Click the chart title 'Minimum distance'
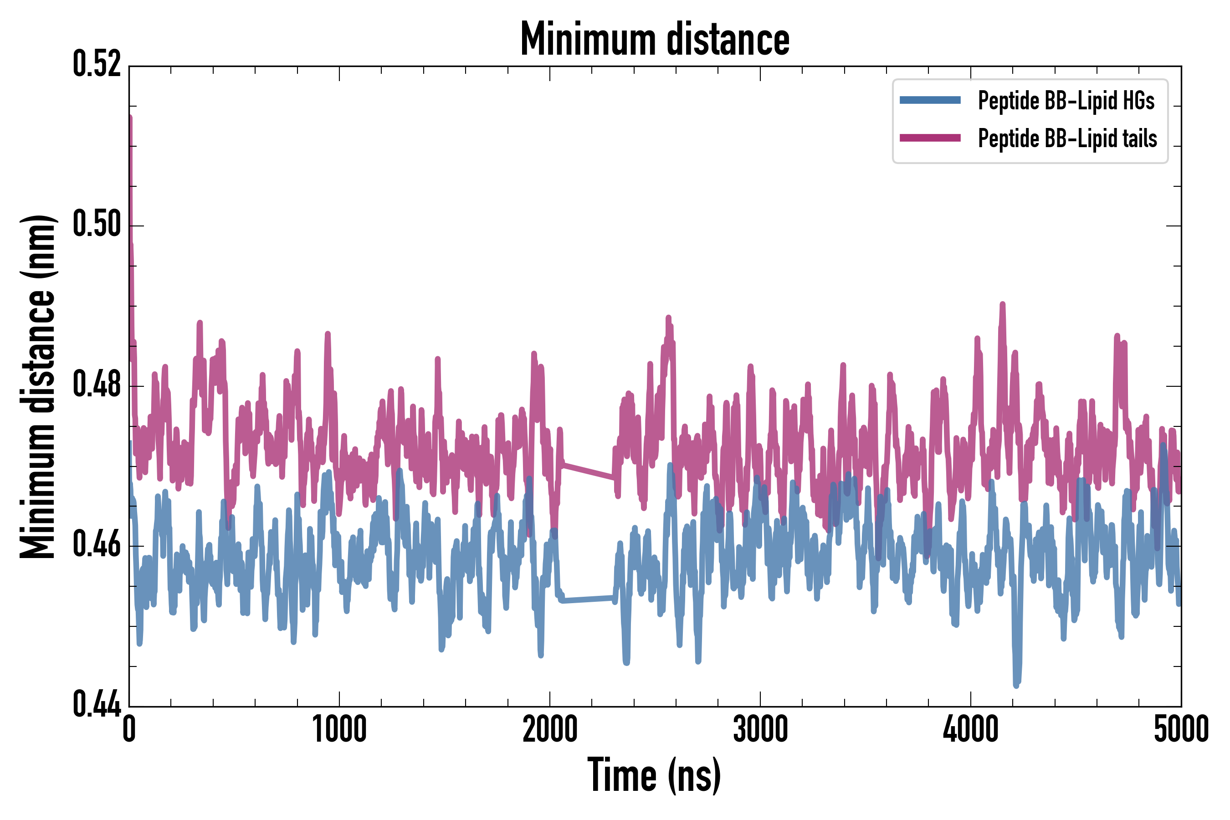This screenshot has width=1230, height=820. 654,39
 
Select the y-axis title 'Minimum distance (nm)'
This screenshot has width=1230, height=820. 38,386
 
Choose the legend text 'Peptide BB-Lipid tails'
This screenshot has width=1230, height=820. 1067,138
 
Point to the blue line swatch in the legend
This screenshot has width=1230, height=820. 930,100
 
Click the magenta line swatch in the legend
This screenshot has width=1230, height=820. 930,138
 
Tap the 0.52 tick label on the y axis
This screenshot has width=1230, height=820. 97,65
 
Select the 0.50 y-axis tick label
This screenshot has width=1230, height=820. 97,225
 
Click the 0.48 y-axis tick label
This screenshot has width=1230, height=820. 97,385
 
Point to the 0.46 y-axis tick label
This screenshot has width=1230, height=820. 97,545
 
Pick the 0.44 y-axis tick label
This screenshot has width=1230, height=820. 97,705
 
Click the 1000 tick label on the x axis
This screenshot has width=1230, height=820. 339,729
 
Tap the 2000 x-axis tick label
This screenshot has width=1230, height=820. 550,729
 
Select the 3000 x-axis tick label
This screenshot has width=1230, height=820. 760,729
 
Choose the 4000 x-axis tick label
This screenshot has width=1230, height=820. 970,729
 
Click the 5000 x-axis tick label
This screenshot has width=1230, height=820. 1181,729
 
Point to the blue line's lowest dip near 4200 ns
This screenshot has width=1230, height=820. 1016,684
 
